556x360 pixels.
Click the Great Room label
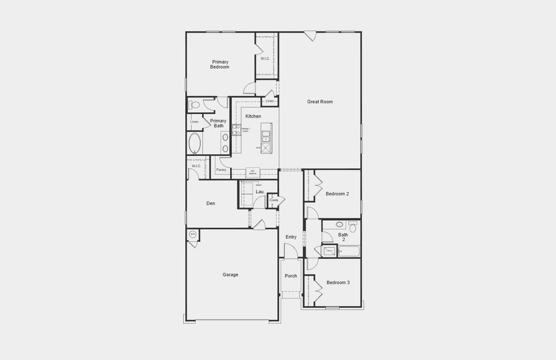point(320,102)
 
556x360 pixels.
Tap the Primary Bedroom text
point(220,64)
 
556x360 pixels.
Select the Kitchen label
point(253,116)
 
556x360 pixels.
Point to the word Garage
point(230,275)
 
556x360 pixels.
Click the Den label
point(211,203)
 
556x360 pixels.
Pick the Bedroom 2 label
point(337,194)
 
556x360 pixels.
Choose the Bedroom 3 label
point(338,283)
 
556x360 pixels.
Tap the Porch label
point(291,276)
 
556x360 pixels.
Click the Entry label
point(291,237)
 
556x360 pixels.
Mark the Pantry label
point(221,170)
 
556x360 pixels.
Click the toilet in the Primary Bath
point(194,105)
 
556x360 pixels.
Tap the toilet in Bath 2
point(352,226)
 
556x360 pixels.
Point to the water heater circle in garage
point(193,234)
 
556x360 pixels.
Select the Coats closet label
point(274,200)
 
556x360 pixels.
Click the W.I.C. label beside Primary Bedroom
point(266,58)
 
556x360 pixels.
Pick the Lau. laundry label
point(260,191)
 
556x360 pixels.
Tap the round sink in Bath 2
point(339,225)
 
